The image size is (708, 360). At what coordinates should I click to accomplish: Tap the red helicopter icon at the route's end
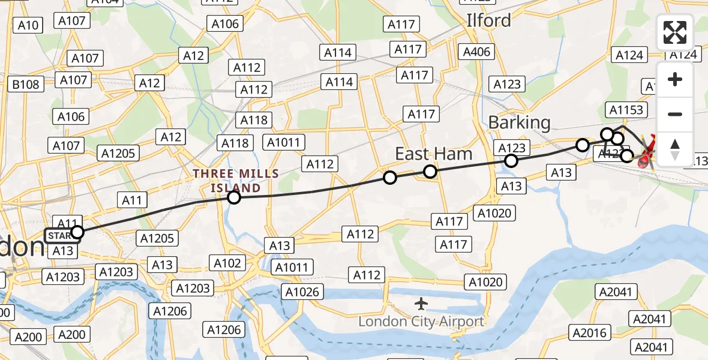point(646,157)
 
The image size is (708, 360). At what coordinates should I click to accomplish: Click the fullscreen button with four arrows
point(675,32)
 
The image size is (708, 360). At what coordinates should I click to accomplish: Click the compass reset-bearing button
point(675,149)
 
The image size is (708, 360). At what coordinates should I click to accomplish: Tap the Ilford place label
point(489,20)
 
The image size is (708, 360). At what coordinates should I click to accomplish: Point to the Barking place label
point(519,122)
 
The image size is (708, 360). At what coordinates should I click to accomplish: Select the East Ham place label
point(433,154)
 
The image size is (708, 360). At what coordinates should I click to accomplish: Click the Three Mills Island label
point(236,181)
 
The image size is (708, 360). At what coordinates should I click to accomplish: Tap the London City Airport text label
point(421,322)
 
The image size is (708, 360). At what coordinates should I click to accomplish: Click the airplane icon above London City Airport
point(422,303)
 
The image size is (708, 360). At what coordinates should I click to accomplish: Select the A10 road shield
point(28,25)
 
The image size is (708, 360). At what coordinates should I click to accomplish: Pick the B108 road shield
point(26,85)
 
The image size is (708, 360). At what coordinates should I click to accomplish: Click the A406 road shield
point(477,52)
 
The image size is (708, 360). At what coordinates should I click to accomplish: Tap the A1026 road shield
point(303,292)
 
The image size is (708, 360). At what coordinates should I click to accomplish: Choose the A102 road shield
point(227,263)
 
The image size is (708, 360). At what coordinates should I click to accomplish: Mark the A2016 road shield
point(590,333)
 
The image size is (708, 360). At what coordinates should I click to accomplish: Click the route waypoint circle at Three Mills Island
point(234,197)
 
